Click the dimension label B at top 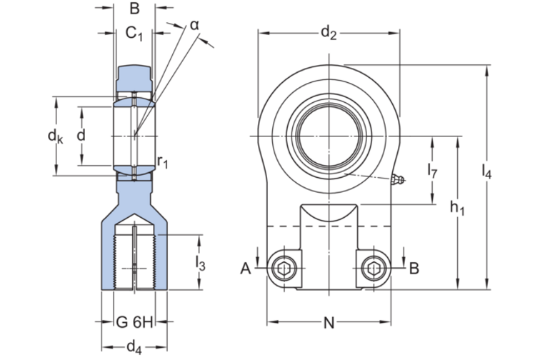134,10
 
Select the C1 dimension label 134,33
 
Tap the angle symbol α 194,25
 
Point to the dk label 55,135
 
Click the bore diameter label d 81,135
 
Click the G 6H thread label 135,322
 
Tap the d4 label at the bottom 134,347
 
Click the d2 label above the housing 328,32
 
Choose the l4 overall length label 487,171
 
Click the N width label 329,323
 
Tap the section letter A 246,269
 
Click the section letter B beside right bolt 414,269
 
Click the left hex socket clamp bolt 283,269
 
